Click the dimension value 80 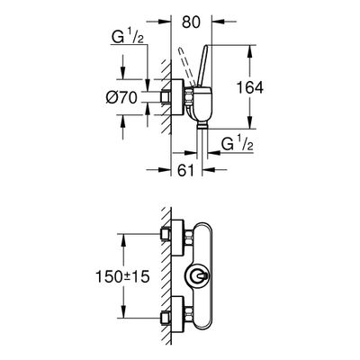coord(191,22)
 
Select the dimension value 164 coord(250,88)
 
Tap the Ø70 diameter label coord(121,97)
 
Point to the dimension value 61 coord(185,170)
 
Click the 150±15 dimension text coord(122,276)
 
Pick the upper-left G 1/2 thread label coord(128,38)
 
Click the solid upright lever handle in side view coord(202,67)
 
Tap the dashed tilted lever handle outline coord(186,67)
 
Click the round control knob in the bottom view coord(197,275)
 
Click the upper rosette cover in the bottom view coord(177,238)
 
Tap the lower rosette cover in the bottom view coord(177,314)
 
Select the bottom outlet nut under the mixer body coord(202,124)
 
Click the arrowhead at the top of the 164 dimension coord(250,51)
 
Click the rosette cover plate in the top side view coord(177,97)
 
